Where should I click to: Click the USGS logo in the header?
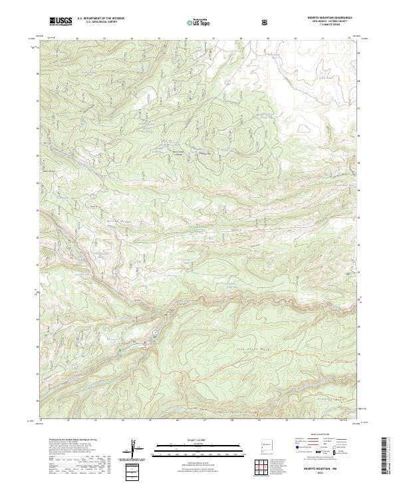[61, 21]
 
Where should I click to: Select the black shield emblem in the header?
[266, 22]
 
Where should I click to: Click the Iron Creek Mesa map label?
[253, 346]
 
